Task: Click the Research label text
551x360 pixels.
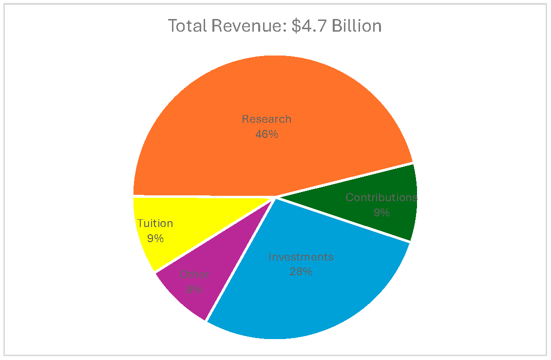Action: click(x=266, y=119)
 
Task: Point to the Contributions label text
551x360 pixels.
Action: click(x=381, y=197)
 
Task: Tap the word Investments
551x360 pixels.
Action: click(x=301, y=257)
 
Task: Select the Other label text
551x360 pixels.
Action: click(x=194, y=274)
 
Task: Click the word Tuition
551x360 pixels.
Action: click(x=155, y=223)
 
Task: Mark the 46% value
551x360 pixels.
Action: click(x=266, y=134)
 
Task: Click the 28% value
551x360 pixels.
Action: click(x=301, y=271)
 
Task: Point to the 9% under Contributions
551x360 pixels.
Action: click(x=381, y=212)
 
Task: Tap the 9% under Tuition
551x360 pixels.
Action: click(x=155, y=238)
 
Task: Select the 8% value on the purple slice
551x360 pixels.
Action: click(x=194, y=289)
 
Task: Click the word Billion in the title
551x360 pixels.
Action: click(x=357, y=26)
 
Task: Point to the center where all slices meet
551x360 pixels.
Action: click(x=276, y=197)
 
